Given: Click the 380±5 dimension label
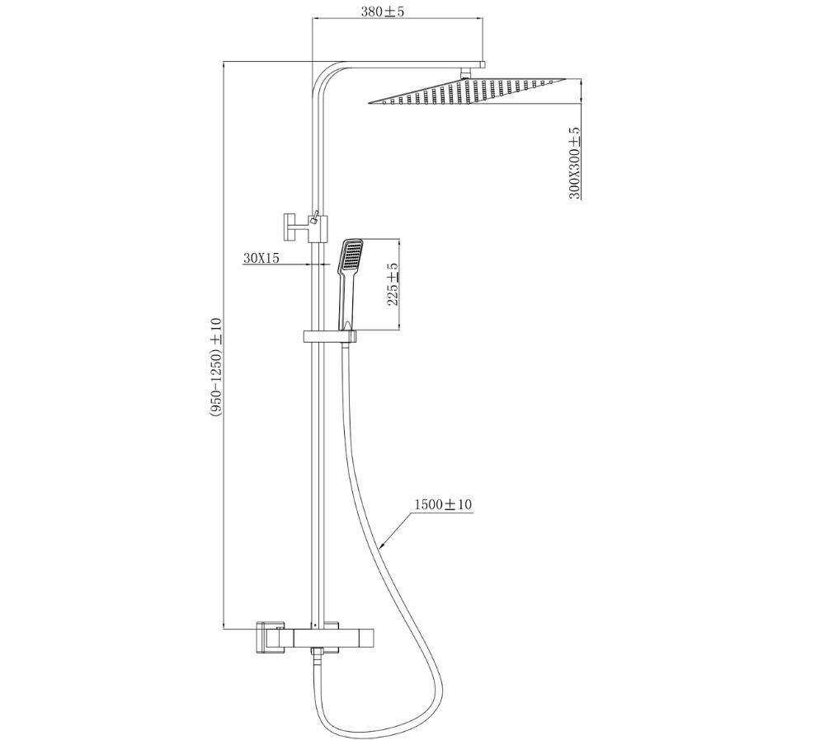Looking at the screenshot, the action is [382, 11].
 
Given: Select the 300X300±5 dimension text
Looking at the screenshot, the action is [575, 163].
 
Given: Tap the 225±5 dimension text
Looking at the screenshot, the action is [393, 285].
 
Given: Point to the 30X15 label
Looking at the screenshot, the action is [261, 258].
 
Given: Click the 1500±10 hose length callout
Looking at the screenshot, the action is [442, 504].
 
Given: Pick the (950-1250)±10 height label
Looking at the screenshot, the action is [216, 368].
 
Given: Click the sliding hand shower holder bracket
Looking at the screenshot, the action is [329, 337].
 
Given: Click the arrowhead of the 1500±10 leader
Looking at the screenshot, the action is [384, 545].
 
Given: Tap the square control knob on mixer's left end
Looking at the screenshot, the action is [268, 637].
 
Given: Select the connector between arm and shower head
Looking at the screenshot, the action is [465, 73].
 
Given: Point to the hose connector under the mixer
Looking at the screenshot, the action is [317, 655].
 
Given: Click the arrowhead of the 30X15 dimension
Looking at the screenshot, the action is [306, 264].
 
